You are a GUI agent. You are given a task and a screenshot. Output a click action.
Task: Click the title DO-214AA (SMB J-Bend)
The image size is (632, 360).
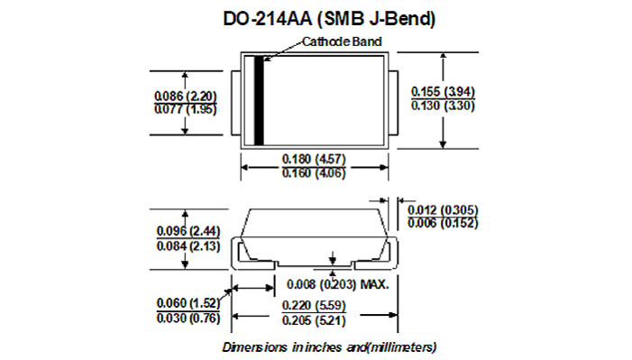[329, 19]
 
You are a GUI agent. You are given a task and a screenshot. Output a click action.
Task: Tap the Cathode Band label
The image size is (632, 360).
[342, 42]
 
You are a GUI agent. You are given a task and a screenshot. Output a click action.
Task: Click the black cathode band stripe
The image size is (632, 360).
[259, 100]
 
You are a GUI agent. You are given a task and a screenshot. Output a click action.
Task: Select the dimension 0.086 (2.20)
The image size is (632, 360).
[186, 96]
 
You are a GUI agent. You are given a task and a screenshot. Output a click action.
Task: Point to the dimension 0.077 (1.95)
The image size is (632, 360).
[186, 109]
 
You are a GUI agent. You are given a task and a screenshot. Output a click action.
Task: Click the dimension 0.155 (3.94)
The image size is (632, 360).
[443, 92]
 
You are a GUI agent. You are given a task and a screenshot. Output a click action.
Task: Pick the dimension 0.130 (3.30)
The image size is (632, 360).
[443, 106]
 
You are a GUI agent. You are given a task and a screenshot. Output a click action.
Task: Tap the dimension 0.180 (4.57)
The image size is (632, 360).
[314, 159]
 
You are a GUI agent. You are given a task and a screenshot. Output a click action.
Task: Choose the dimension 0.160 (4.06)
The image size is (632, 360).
[314, 173]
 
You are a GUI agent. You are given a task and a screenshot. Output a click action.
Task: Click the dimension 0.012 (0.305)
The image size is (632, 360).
[443, 210]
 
